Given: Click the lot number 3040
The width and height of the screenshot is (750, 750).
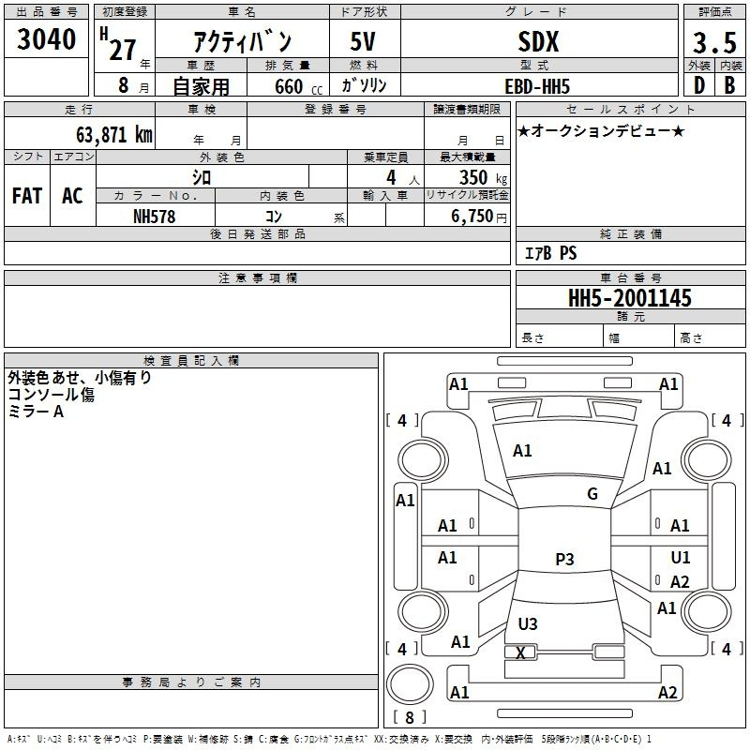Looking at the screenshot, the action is coord(46,39).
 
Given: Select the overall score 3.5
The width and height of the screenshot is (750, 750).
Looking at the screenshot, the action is coord(714,43).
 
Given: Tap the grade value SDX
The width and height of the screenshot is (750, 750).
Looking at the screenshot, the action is coord(538,42).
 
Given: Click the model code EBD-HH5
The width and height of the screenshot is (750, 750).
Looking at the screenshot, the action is coord(537,86).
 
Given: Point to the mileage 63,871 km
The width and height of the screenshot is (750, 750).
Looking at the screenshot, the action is coord(114,134).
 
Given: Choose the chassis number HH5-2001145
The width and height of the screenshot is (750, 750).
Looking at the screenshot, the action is coord(629,298).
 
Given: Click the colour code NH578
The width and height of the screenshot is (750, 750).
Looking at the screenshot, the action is coord(155,217).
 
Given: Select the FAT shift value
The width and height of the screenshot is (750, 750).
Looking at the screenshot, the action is coord(27,196).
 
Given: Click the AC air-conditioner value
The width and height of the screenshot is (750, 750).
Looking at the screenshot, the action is coord(72,196).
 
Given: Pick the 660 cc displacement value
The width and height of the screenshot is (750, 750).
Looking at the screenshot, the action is coord(298,86).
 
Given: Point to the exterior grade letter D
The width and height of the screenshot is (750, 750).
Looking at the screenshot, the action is coord(699,85).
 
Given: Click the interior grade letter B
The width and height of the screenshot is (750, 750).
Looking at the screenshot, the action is coord(729,85).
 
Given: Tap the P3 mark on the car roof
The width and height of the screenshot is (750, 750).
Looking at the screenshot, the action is coord(564,559).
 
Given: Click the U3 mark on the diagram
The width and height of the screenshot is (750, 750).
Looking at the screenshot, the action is coord(528,623).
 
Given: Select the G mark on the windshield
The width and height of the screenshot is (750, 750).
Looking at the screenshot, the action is coord(592,494).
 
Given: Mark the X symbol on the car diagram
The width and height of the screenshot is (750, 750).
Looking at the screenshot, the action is coord(520,652).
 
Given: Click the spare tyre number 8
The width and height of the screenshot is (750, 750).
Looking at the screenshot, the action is coord(410,717).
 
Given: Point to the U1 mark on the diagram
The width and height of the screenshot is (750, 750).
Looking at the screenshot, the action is coord(681,557).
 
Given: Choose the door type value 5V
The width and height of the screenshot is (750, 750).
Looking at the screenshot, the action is coord(363,41).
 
